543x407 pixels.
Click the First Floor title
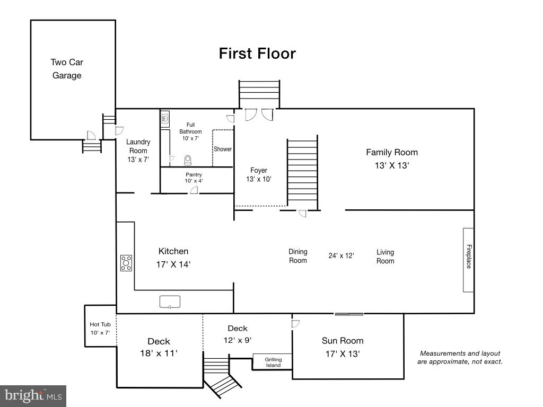[x=257, y=54]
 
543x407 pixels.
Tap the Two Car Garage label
[x=67, y=69]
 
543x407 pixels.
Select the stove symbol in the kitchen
[x=126, y=263]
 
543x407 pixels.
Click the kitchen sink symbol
[x=170, y=302]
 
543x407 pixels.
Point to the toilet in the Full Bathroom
[x=187, y=159]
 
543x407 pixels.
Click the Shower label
[x=223, y=149]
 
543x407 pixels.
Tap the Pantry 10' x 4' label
[x=194, y=178]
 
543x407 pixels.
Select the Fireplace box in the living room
[x=468, y=260]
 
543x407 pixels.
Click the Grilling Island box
[x=273, y=362]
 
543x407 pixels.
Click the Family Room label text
[x=392, y=152]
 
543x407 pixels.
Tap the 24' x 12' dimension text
[x=341, y=255]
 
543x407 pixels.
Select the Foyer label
[x=259, y=170]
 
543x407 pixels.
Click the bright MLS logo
[x=33, y=395]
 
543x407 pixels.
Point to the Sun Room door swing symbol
[x=296, y=322]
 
